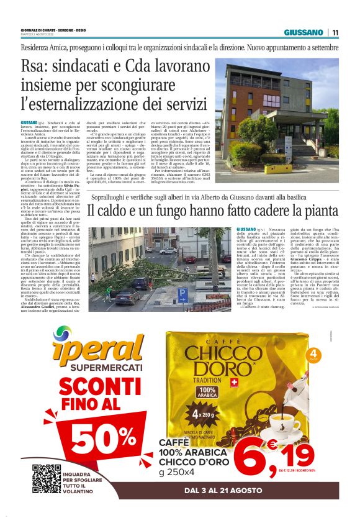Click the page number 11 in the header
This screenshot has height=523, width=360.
click(335, 32)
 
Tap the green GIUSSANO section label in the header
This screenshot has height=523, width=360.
click(304, 32)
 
